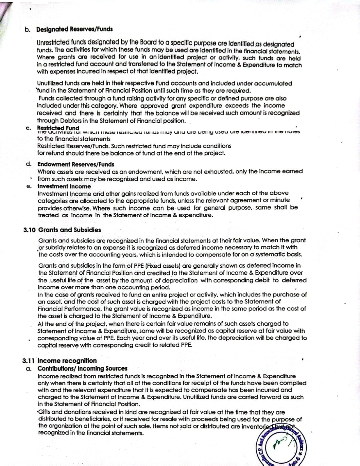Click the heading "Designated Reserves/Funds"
point(74,29)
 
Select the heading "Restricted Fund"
point(58,128)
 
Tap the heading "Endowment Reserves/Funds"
point(76,164)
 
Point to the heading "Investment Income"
point(64,186)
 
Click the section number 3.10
point(29,230)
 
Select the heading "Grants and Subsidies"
point(70,230)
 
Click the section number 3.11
point(29,361)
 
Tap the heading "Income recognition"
point(67,361)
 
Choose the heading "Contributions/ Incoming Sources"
point(83,368)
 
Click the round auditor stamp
point(282,446)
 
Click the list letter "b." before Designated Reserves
point(28,29)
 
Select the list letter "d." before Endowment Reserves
point(29,164)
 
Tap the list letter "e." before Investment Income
point(29,186)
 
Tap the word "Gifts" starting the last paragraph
point(44,412)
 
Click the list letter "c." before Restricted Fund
point(28,128)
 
